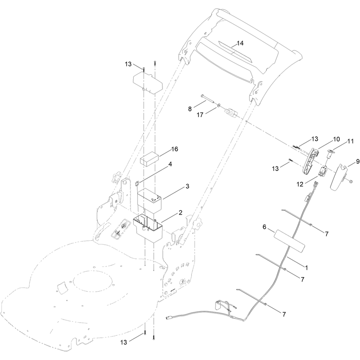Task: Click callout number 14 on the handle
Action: coord(240,43)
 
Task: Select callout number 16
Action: coord(175,149)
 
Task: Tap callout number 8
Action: coord(189,109)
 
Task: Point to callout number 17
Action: coord(200,115)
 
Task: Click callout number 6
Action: coord(264,227)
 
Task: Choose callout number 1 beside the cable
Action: coord(306,268)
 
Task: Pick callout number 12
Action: coord(300,184)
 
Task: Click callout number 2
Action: coord(180,212)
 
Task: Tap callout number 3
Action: coord(187,186)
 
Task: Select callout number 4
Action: coord(170,164)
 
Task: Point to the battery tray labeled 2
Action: coord(148,227)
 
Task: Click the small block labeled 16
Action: coord(149,158)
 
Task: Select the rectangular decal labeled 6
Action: coord(290,240)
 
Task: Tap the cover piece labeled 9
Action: coord(339,177)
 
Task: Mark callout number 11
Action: coord(351,141)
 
